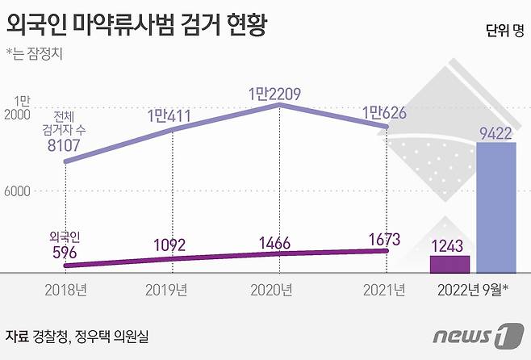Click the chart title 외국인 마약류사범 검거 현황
(x=136, y=25)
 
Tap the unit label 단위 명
(x=504, y=31)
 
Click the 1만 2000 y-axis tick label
(x=22, y=108)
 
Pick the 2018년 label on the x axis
(x=64, y=288)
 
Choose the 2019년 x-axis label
(x=170, y=288)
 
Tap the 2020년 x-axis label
(x=278, y=288)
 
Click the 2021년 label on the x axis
(x=386, y=288)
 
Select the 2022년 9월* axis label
(x=472, y=289)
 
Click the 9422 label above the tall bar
(x=495, y=133)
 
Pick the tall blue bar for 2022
(x=495, y=210)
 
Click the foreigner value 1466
(x=278, y=241)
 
